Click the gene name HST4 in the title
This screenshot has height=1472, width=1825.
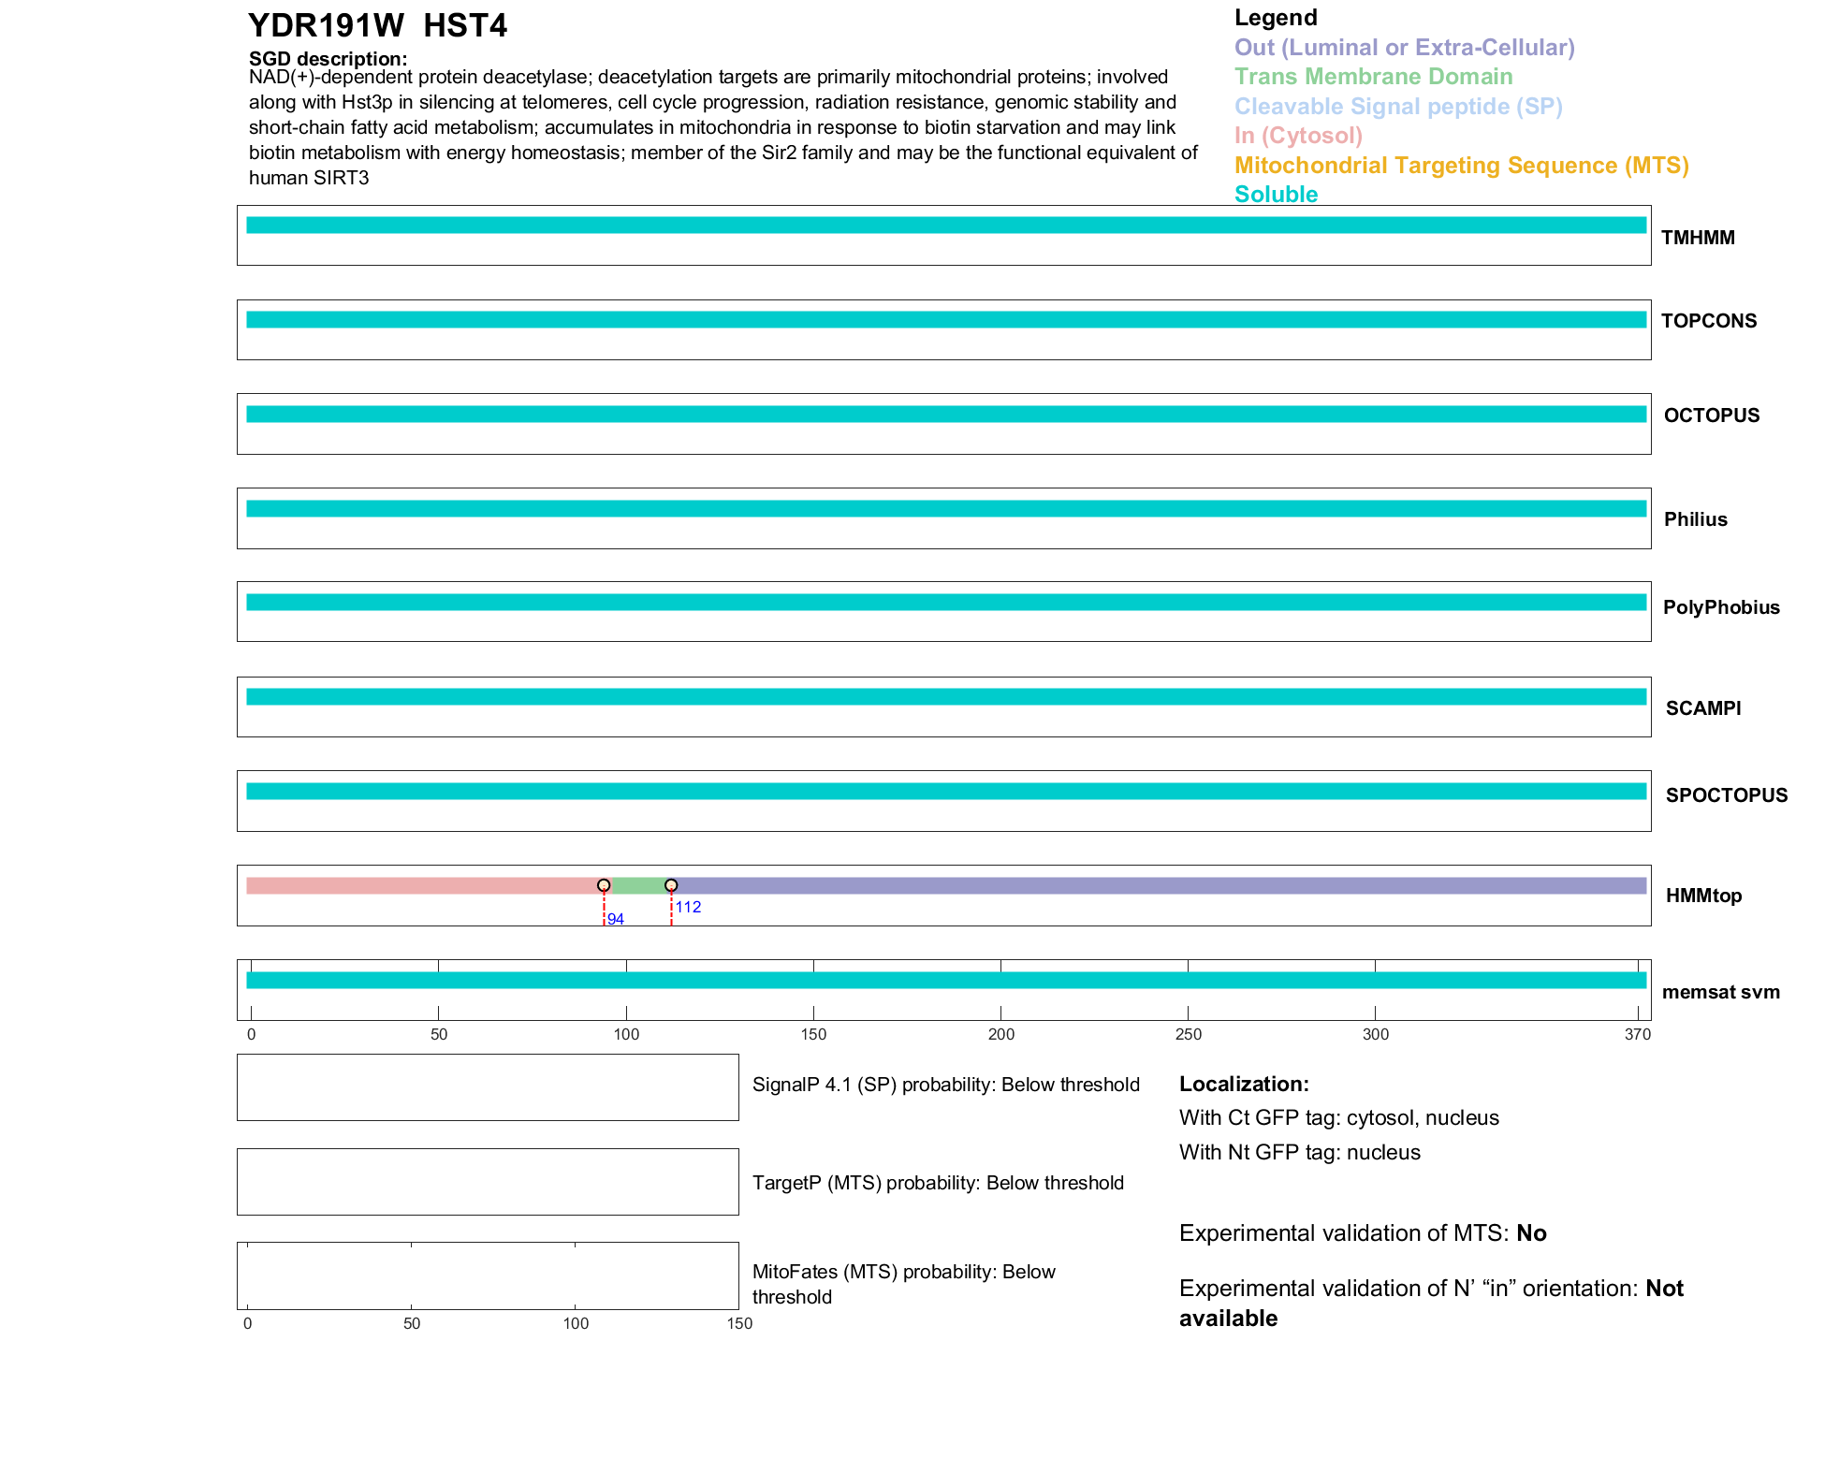(x=465, y=26)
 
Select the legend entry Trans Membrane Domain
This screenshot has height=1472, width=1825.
(x=1373, y=77)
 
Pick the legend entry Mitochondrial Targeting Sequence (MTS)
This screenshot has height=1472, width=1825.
(x=1461, y=166)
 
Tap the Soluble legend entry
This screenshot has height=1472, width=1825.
(x=1276, y=195)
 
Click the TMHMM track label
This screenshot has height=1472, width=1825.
(x=1697, y=238)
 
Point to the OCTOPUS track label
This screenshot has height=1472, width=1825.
(x=1711, y=415)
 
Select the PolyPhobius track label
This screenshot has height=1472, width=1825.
(x=1720, y=607)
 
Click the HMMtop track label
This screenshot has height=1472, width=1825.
(x=1703, y=896)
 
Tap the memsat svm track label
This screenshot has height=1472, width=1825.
(x=1720, y=992)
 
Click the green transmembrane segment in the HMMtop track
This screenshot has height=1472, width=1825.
(x=637, y=886)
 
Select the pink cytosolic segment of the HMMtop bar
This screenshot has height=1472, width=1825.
(x=421, y=886)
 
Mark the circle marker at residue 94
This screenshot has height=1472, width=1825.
(x=604, y=885)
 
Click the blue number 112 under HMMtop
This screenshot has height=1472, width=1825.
(x=688, y=907)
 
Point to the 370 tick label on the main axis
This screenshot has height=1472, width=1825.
(x=1638, y=1034)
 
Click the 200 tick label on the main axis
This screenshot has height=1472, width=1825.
(x=1000, y=1034)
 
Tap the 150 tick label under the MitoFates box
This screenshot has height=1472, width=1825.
(x=739, y=1323)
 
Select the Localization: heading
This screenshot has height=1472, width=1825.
(x=1244, y=1085)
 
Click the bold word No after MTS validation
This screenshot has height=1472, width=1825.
(x=1531, y=1233)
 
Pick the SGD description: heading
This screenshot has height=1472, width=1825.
(x=328, y=59)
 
